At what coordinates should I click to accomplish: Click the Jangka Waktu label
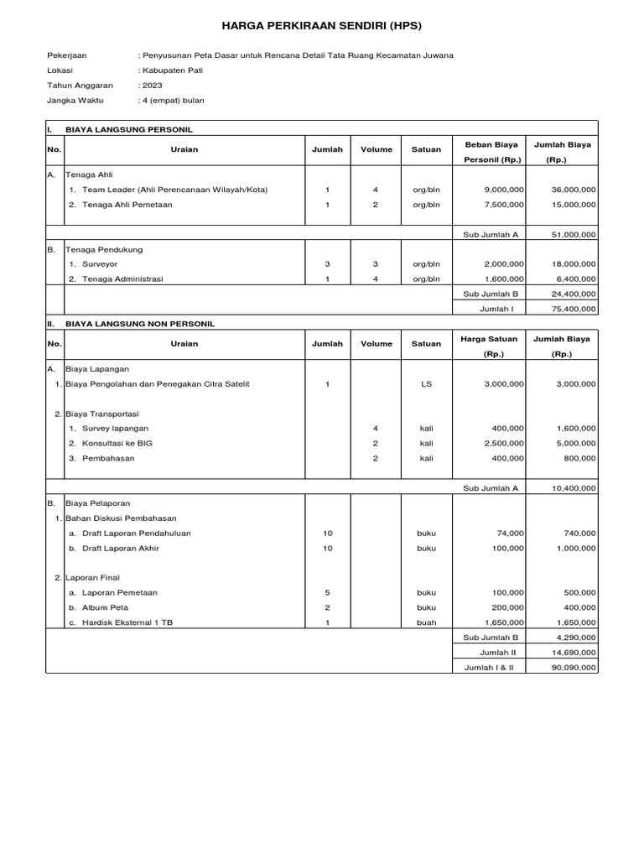[75, 101]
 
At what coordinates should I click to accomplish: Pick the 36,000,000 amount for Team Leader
[574, 190]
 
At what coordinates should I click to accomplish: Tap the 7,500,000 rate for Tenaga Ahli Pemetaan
[504, 205]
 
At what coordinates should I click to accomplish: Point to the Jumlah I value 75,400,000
[574, 309]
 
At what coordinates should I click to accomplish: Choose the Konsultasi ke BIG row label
[117, 443]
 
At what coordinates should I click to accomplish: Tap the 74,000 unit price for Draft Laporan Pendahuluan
[510, 533]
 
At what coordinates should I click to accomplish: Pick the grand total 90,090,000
[574, 667]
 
